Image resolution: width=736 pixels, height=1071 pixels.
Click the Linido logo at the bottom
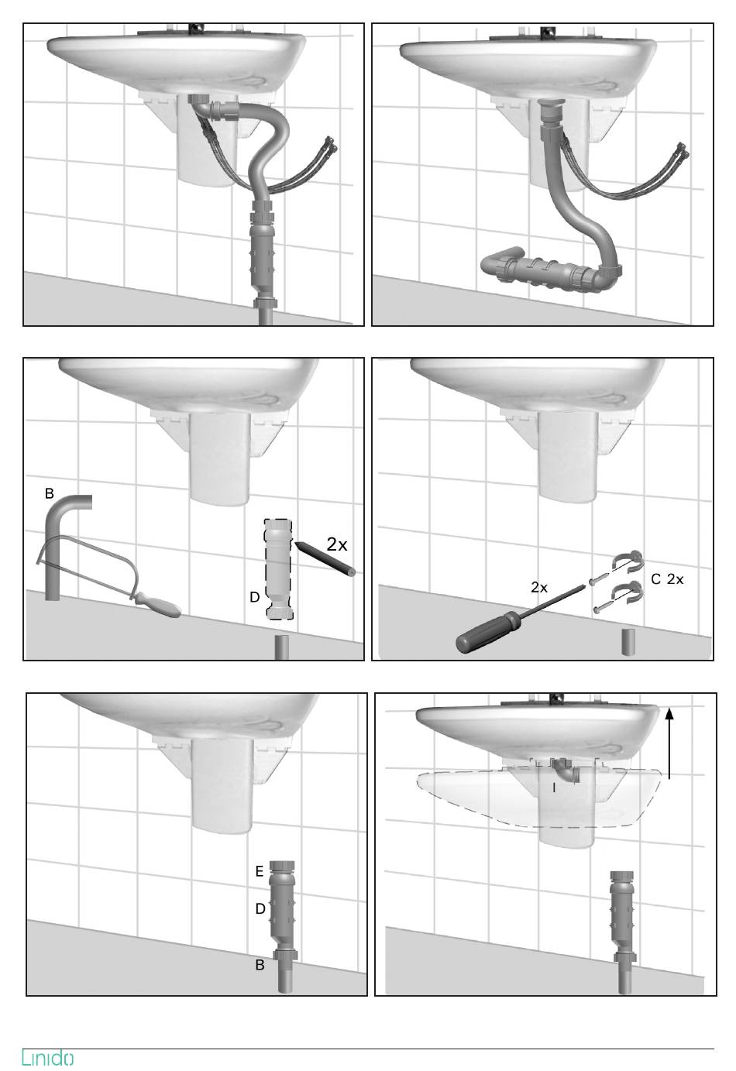pos(47,1057)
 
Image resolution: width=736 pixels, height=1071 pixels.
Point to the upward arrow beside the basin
pos(669,743)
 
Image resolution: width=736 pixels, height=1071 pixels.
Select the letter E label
pos(260,871)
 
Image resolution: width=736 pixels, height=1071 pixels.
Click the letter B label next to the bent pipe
pos(50,493)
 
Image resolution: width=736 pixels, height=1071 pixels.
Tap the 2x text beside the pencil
pos(337,544)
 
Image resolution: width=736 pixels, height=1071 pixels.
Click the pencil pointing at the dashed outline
pos(326,558)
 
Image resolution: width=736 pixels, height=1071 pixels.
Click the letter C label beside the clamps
pos(655,579)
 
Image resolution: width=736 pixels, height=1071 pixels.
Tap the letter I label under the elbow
pos(554,788)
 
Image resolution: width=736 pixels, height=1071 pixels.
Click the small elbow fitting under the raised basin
pos(566,771)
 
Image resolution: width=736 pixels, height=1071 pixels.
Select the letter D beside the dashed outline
pos(255,597)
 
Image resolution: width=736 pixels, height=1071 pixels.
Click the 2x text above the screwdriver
pos(539,587)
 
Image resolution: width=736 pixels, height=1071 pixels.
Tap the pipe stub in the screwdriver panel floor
pos(628,642)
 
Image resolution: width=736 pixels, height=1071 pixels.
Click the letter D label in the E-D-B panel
pos(260,908)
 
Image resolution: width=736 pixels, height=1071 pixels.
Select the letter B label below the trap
pos(260,965)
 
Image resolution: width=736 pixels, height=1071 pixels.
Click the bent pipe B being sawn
pos(57,536)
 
